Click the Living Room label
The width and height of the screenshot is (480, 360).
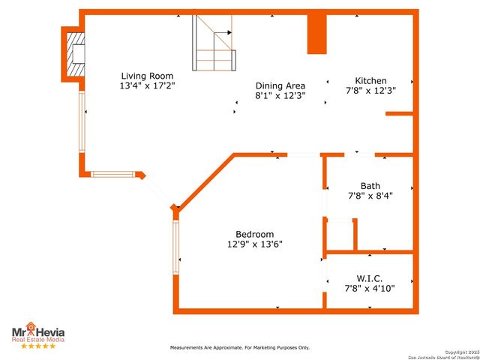pos(148,76)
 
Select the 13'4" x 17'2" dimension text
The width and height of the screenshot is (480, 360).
pos(148,85)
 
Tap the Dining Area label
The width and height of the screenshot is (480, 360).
pos(280,85)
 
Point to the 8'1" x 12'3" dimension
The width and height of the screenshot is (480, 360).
pos(280,96)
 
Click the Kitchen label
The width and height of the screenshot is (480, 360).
pos(370,80)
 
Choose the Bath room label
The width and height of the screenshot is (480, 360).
pos(370,185)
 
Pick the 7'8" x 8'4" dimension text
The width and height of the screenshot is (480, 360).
pos(370,196)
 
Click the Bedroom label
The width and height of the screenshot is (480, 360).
pos(254,234)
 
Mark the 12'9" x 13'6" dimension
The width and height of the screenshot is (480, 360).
pos(254,244)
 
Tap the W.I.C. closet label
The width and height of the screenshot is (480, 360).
pos(370,277)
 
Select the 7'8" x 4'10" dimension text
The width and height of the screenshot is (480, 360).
pos(370,288)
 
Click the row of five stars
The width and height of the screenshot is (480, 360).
pos(37,346)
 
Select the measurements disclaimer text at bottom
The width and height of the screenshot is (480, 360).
pos(239,348)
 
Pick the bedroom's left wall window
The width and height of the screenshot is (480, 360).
pos(175,246)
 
